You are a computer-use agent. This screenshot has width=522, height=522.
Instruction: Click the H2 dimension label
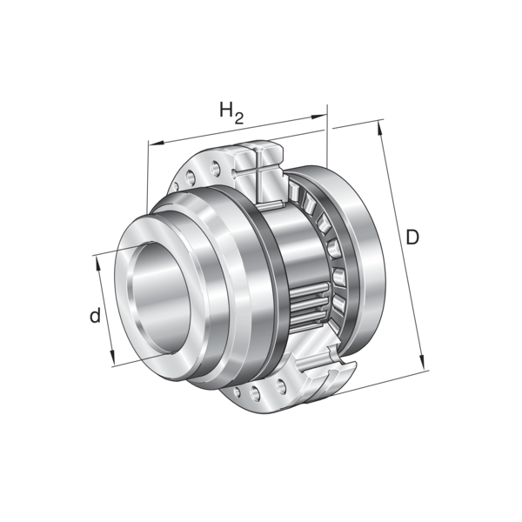pyautogui.click(x=231, y=112)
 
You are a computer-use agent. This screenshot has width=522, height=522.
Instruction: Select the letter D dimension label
pyautogui.click(x=412, y=238)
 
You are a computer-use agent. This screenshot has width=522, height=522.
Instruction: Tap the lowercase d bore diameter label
pyautogui.click(x=95, y=315)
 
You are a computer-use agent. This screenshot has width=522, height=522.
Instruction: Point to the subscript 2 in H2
pyautogui.click(x=239, y=118)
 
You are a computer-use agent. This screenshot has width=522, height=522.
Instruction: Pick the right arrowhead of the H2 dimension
pyautogui.click(x=319, y=117)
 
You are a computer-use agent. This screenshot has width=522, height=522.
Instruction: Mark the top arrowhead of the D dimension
pyautogui.click(x=379, y=129)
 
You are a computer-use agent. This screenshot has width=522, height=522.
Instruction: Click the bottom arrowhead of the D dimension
pyautogui.click(x=422, y=362)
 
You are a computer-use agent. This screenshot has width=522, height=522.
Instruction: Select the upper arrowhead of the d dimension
pyautogui.click(x=98, y=264)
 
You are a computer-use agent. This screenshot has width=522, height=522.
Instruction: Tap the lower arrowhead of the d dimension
pyautogui.click(x=112, y=358)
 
